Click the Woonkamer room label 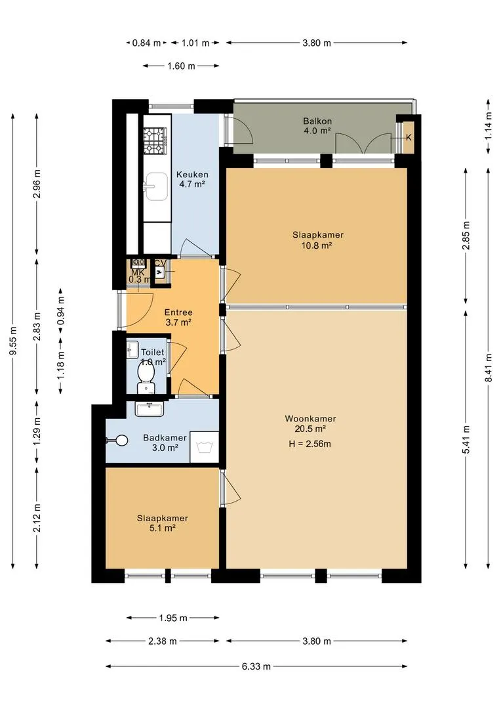coord(310,419)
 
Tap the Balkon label coord(317,121)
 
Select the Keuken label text coord(192,175)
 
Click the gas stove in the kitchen coord(155,140)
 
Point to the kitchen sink coord(155,186)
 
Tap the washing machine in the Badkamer coord(204,447)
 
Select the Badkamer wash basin coord(149,409)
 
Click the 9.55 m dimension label coord(13,341)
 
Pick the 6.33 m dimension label coord(256,666)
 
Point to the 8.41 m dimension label coord(489,368)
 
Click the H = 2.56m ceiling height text coord(310,444)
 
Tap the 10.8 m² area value coord(317,246)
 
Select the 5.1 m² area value coord(162,528)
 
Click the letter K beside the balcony coord(409,137)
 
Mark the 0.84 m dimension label coord(146,43)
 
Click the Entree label coord(178,312)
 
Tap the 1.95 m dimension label coord(173,618)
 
